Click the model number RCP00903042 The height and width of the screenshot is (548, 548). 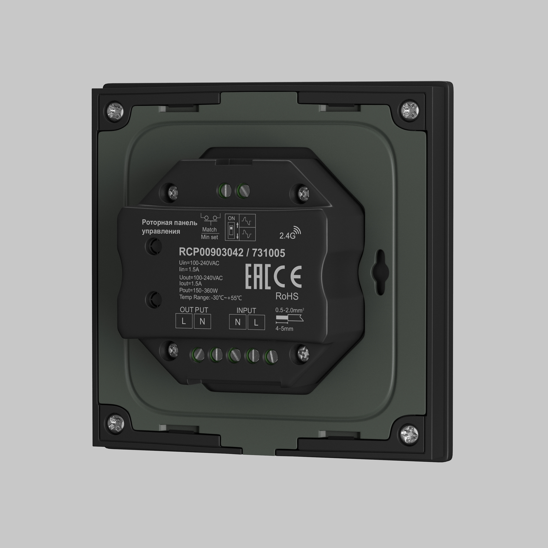[x=211, y=252]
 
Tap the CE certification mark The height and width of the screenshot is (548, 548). [x=287, y=276]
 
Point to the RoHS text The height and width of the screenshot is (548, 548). [x=287, y=296]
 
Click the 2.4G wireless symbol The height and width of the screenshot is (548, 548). [x=290, y=233]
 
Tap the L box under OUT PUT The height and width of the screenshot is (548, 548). [x=184, y=322]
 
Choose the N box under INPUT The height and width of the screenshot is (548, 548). [x=238, y=322]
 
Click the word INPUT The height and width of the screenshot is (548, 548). [x=246, y=310]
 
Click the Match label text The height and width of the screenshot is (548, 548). [x=209, y=229]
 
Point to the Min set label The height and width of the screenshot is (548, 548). [x=209, y=237]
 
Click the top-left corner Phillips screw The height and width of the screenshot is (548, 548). [x=115, y=112]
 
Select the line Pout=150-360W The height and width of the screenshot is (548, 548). [x=198, y=290]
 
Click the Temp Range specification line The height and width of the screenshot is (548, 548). [x=210, y=298]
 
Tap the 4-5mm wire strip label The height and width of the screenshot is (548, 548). [x=284, y=329]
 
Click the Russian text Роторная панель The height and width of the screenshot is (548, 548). [x=169, y=223]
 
